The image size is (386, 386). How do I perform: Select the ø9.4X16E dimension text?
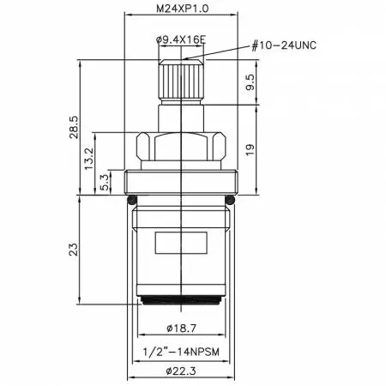pos(180,39)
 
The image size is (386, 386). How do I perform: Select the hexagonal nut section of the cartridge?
pos(180,149)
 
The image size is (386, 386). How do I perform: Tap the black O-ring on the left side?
pos(130,200)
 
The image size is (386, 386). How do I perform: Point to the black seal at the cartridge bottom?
pos(180,300)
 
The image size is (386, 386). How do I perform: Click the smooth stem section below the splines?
pos(180,116)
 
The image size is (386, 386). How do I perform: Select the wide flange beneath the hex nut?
pos(180,181)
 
